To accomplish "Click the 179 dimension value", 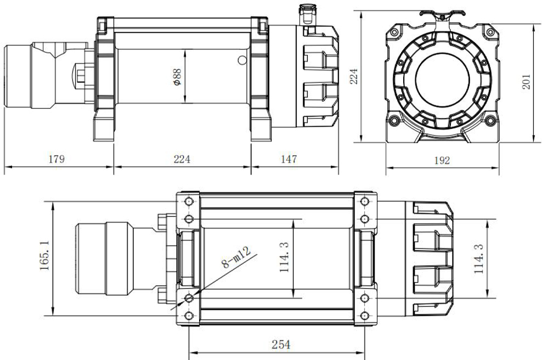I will pos(56,159).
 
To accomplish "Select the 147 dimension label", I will pos(288,159).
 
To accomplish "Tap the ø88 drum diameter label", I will pos(177,76).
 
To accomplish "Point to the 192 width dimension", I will pos(442,161).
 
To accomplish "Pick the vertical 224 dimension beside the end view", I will pos(354,77).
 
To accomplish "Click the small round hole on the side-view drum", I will pos(240,61).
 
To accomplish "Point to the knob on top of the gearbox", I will pos(306,13).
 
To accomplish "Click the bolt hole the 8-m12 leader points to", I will pos(189,297).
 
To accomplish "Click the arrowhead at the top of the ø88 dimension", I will pos(185,51).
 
